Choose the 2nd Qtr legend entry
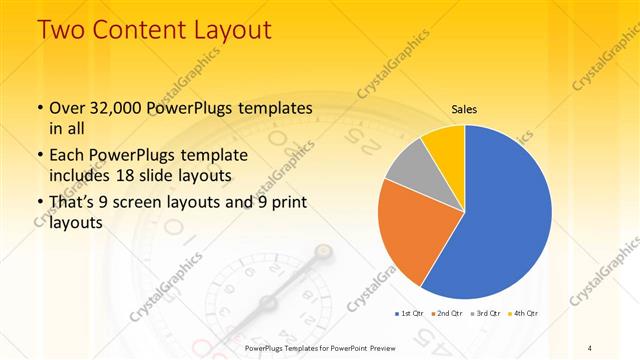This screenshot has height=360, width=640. click(448, 314)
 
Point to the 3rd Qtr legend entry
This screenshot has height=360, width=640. click(484, 314)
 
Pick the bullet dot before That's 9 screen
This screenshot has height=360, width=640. click(39, 204)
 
